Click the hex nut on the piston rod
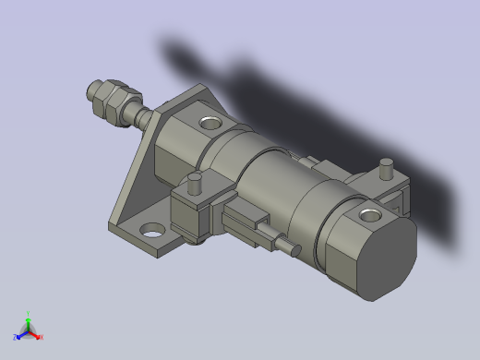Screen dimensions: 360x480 point(119,100)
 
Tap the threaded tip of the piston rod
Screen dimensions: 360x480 point(94,90)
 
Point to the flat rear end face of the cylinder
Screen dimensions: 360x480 point(383,258)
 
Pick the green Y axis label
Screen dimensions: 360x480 point(30,313)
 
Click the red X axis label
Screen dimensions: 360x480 point(41,337)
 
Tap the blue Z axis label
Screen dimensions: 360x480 point(16,338)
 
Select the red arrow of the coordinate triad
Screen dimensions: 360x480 point(35,334)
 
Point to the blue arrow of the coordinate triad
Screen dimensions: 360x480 point(21,334)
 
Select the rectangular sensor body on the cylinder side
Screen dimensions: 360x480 point(245,224)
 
